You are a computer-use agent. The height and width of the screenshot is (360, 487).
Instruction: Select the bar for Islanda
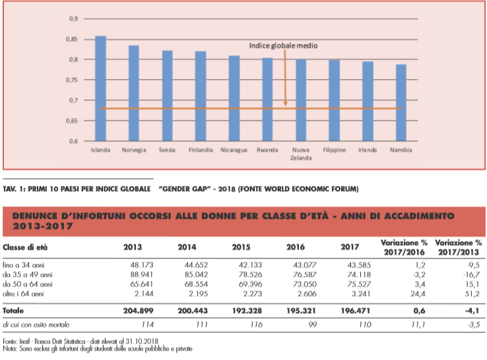(x=100, y=88)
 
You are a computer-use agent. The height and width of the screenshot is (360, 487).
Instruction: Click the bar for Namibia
(x=401, y=103)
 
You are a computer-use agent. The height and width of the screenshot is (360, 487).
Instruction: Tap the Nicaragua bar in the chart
(x=234, y=98)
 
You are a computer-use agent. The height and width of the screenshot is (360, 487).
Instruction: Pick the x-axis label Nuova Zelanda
(x=301, y=154)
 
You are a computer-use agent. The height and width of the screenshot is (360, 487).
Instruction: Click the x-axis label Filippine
(x=334, y=150)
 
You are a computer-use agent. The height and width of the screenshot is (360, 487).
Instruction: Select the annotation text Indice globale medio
(x=283, y=45)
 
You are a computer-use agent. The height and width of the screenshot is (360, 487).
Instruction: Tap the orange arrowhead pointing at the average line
(x=285, y=104)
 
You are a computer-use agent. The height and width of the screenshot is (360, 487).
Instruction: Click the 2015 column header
(x=241, y=247)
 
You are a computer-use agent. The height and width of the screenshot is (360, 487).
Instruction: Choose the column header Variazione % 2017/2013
(x=459, y=247)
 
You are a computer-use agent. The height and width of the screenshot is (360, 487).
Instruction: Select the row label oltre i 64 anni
(x=23, y=293)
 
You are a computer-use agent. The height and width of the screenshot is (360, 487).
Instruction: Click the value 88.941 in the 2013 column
(x=142, y=275)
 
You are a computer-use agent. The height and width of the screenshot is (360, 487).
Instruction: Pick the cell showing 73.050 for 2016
(x=305, y=284)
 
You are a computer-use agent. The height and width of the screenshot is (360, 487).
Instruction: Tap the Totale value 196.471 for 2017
(x=355, y=311)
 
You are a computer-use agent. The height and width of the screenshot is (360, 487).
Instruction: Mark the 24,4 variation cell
(x=418, y=293)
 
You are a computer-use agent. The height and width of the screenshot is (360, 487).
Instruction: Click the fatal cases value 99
(x=312, y=324)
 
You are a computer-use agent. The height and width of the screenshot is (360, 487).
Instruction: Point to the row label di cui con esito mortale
(x=36, y=324)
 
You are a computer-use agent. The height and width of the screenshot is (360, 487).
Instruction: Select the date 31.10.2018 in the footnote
(x=142, y=342)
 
